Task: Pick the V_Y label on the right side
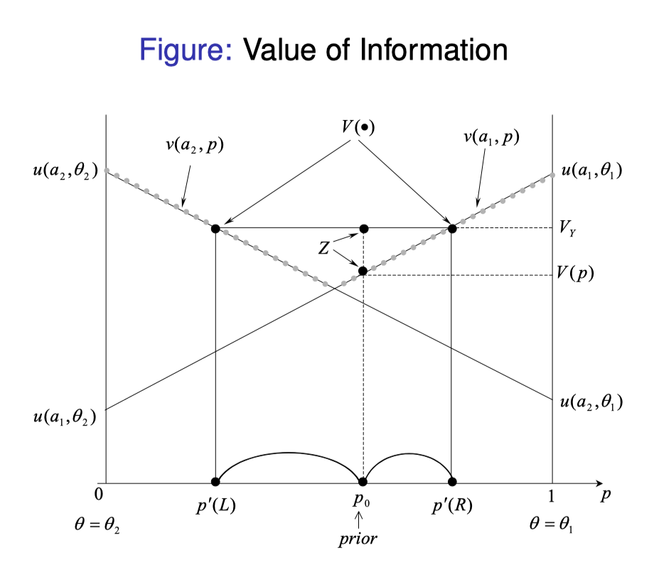point(567,229)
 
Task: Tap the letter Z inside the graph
point(323,248)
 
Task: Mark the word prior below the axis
point(358,539)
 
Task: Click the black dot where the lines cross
point(363,271)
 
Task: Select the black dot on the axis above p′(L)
point(215,481)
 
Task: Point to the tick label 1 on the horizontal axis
point(552,495)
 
